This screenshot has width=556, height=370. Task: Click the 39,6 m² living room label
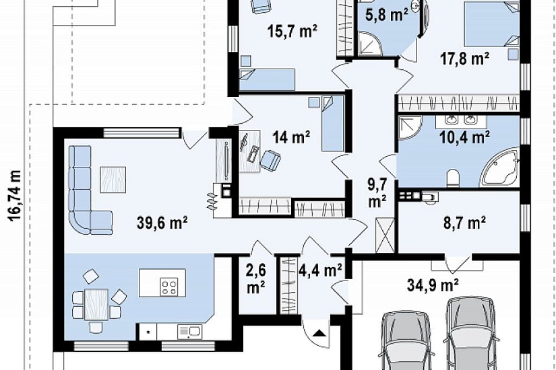[x=162, y=223]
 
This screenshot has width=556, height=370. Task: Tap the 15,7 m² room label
[x=292, y=31]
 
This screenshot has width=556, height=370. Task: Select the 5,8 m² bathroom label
[x=387, y=15]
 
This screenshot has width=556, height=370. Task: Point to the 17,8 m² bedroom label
[x=465, y=59]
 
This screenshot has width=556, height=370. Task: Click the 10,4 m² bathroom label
[x=464, y=137]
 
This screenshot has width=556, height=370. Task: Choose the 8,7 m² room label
[x=464, y=223]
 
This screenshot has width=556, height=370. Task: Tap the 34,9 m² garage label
[x=433, y=285]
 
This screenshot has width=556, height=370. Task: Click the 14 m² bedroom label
[x=291, y=137]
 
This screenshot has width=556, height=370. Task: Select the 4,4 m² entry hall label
[x=321, y=270]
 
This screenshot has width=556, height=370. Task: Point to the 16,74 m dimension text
[x=15, y=196]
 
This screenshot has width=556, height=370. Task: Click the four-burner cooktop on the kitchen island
[x=168, y=287]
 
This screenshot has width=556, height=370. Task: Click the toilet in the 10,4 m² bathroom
[x=453, y=178]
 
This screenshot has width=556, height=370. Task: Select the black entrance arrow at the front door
[x=320, y=333]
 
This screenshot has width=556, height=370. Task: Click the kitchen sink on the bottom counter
[x=189, y=332]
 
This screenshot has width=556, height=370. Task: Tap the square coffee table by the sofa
[x=113, y=180]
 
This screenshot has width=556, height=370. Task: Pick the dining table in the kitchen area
[x=96, y=305]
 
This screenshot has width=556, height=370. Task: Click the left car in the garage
[x=407, y=340]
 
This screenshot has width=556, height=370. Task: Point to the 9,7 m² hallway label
[x=377, y=193]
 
